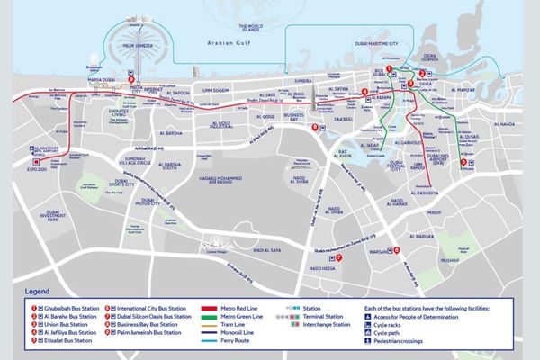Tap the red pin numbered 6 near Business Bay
pyautogui.click(x=315, y=127)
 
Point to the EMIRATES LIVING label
pyautogui.click(x=123, y=112)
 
